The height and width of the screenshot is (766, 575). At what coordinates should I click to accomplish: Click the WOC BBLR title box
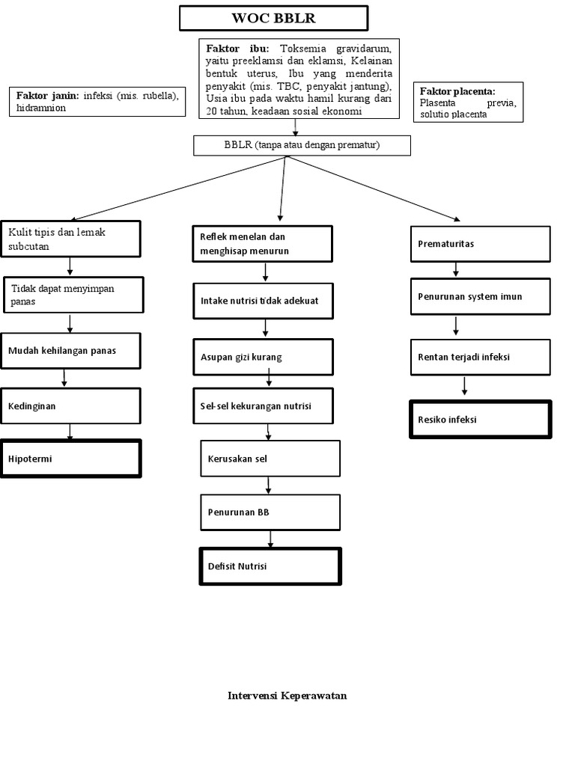273,18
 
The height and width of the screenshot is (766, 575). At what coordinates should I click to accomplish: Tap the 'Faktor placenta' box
468,101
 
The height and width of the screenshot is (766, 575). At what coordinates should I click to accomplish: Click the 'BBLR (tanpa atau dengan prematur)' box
302,145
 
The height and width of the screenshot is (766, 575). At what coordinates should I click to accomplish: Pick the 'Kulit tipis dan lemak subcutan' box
71,239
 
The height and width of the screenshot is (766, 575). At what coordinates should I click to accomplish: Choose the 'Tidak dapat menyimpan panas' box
73,294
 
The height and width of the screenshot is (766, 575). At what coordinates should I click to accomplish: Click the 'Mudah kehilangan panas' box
70,350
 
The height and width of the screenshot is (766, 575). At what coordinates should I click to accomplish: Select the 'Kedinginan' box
70,405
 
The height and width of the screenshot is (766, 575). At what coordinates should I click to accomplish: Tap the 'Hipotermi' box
70,459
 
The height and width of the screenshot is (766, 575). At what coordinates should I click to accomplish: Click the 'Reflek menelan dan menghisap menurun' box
261,244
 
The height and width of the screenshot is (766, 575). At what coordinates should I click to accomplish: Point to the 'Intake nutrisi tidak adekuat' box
261,301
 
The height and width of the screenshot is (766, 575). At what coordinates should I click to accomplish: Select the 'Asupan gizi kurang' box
261,357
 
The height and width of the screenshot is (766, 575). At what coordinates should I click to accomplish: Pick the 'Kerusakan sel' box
270,458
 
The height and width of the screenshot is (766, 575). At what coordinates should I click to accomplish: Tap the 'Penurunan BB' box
270,512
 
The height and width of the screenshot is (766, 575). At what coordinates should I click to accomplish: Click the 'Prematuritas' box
480,244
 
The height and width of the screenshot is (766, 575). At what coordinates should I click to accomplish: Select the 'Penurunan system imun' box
480,296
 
